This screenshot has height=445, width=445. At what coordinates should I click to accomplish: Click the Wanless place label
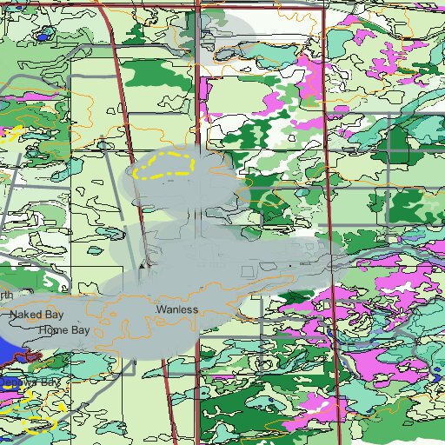click(x=176, y=309)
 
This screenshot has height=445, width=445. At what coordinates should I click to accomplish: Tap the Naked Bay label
click(x=36, y=314)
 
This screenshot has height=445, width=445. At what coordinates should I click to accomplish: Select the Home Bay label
click(x=63, y=331)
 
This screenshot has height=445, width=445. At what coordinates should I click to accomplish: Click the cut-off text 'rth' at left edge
click(x=6, y=296)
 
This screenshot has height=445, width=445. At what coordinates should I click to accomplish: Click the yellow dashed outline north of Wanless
click(x=166, y=165)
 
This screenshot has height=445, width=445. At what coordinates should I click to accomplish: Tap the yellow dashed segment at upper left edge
click(x=10, y=134)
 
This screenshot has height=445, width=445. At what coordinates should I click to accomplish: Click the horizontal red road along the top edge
click(x=261, y=9)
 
